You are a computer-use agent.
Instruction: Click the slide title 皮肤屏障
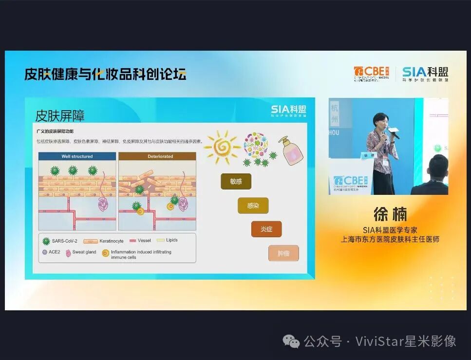tap(60, 115)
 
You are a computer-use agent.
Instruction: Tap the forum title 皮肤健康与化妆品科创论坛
tap(105, 74)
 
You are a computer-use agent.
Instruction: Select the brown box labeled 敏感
tap(236, 181)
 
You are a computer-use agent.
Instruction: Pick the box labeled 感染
tap(253, 206)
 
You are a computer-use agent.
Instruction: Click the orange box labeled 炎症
tap(266, 229)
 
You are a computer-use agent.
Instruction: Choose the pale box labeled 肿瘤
tap(283, 253)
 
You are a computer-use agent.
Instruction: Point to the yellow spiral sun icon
tap(222, 146)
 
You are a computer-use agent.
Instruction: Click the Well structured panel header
tap(77, 156)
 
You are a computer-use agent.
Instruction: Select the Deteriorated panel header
tap(157, 156)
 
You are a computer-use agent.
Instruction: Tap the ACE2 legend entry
tap(51, 252)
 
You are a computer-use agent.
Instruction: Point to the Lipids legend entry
tap(167, 240)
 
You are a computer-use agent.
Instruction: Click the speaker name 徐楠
tap(390, 214)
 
